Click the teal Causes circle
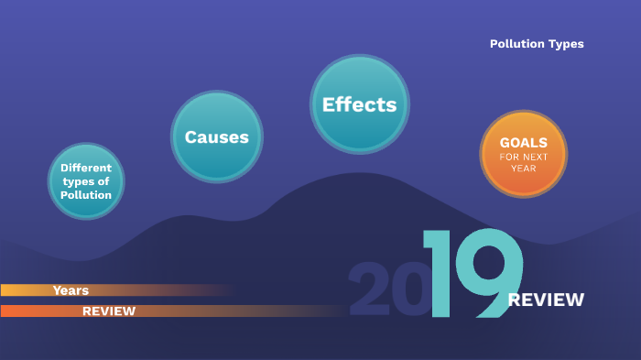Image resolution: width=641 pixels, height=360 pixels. coord(217,137)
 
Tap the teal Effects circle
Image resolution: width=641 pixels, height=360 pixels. coord(359,104)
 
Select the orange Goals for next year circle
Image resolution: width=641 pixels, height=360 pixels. coord(524,154)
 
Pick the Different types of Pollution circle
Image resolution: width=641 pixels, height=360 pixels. coord(86,181)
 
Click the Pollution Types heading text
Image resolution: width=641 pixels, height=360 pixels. coord(537,44)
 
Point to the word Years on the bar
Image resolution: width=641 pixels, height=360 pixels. coord(71,290)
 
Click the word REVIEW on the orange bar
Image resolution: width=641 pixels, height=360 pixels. coord(109,311)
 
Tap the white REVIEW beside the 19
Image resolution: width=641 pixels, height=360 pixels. coord(546,300)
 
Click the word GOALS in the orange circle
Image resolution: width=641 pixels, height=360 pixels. coord(524,143)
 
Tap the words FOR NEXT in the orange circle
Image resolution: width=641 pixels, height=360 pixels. coord(524,157)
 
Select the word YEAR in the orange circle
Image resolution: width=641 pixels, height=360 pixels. coord(524,169)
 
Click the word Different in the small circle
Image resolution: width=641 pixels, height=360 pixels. coord(86,168)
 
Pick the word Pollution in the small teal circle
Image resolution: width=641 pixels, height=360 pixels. coord(86,195)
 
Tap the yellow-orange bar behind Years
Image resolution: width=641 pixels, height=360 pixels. coord(165,290)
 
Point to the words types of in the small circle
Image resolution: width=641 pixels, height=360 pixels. coord(86,181)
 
